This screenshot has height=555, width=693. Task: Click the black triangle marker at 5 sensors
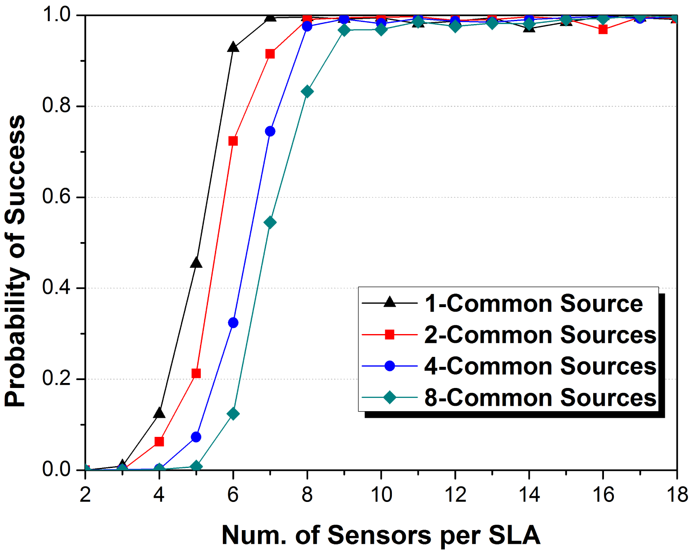tap(196, 263)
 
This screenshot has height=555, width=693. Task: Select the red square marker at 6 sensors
tap(233, 141)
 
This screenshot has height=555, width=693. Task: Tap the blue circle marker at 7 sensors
tap(270, 131)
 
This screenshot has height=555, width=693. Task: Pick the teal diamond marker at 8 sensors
tap(307, 92)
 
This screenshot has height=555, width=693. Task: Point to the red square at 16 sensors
tap(603, 29)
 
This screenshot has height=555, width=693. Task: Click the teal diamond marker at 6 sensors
tap(233, 414)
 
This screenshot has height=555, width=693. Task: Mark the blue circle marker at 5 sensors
tap(196, 437)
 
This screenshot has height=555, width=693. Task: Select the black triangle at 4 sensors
tap(159, 413)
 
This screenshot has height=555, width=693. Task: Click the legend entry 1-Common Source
tap(534, 303)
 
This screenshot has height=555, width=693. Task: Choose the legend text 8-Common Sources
tap(540, 397)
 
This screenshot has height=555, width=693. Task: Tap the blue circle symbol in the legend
tap(389, 366)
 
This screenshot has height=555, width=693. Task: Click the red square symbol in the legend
tap(389, 334)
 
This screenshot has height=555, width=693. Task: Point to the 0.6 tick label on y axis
tap(57, 197)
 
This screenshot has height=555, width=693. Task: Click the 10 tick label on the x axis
tap(381, 494)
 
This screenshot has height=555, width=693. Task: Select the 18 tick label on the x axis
tap(677, 494)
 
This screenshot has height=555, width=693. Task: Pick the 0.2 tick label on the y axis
tap(57, 378)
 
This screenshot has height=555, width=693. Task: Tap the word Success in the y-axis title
tap(16, 170)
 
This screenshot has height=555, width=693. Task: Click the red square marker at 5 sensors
tap(196, 373)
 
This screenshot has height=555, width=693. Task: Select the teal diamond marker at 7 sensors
tap(270, 223)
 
